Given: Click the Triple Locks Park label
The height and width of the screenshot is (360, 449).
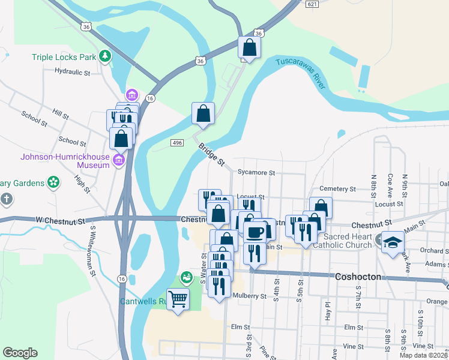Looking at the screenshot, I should [64, 58].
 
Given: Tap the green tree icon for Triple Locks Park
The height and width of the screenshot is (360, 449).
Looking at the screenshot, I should [106, 56].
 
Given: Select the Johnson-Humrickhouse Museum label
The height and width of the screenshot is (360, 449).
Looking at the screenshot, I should [65, 157].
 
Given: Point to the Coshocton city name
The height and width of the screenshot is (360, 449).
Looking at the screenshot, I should [357, 276].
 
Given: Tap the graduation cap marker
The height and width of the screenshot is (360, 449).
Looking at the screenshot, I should [393, 242].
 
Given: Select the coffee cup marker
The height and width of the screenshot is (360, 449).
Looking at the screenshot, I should [255, 231].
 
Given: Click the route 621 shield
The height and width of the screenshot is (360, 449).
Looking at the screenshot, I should [311, 4].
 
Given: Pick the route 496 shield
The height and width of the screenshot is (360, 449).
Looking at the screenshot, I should [176, 142].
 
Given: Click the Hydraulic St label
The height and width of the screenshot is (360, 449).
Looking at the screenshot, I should [72, 72].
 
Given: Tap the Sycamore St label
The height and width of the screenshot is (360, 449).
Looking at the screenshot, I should [255, 173].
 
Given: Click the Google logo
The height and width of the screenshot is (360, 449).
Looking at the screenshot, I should [20, 353].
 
